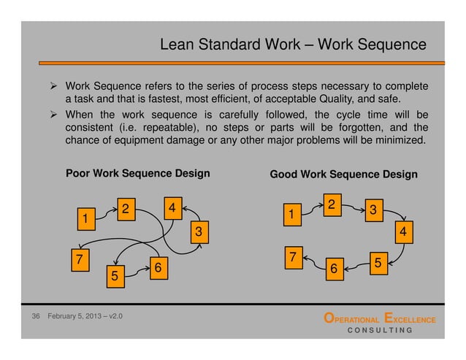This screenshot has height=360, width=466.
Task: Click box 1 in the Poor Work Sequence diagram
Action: (x=85, y=218)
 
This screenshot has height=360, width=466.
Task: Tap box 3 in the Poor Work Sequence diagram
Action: (x=196, y=232)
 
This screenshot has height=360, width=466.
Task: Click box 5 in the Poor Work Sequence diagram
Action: (x=114, y=277)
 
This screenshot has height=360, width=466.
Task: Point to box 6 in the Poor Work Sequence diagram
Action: (x=157, y=268)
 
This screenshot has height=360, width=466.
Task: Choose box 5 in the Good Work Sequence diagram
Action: (x=378, y=261)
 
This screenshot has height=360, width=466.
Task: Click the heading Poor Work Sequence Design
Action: (x=138, y=174)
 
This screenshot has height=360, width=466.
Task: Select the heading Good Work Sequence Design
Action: (x=343, y=175)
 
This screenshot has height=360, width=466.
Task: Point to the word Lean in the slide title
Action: (x=175, y=46)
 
